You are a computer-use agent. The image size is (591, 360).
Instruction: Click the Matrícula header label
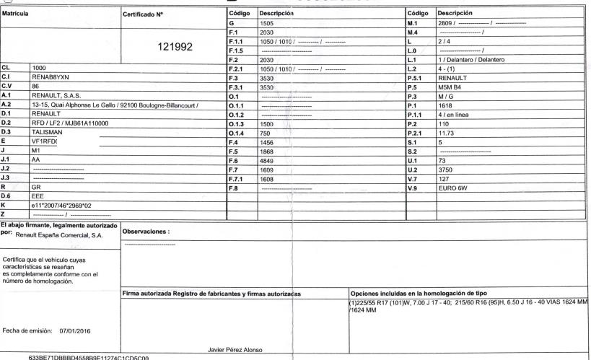coord(18,14)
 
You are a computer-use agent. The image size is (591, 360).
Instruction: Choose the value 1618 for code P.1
coord(447,104)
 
